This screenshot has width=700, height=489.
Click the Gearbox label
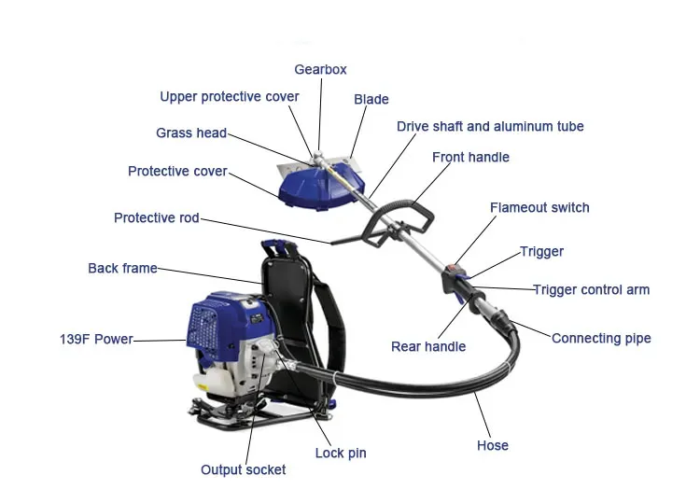pyautogui.click(x=321, y=70)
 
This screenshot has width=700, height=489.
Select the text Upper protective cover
pyautogui.click(x=230, y=97)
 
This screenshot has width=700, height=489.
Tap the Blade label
pyautogui.click(x=371, y=100)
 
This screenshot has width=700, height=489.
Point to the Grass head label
pyautogui.click(x=191, y=133)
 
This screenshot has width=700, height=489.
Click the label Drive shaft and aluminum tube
pyautogui.click(x=490, y=127)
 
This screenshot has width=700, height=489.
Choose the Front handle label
pyautogui.click(x=470, y=158)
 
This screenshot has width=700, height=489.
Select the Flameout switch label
pyautogui.click(x=539, y=208)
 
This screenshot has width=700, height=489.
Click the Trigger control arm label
pyautogui.click(x=591, y=290)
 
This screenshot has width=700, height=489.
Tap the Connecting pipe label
pyautogui.click(x=601, y=338)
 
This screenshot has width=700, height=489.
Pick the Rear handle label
pyautogui.click(x=427, y=347)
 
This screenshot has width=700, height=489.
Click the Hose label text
pyautogui.click(x=492, y=445)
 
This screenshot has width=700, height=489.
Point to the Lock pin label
pyautogui.click(x=341, y=454)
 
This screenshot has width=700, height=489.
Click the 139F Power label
pyautogui.click(x=96, y=340)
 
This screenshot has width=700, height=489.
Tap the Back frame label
pyautogui.click(x=122, y=269)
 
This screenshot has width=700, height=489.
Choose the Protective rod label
pyautogui.click(x=157, y=218)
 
